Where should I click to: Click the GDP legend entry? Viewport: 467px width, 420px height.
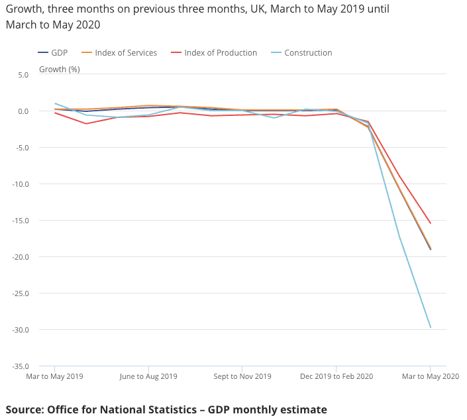pyautogui.click(x=60, y=53)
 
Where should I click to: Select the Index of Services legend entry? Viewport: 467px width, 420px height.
pyautogui.click(x=126, y=53)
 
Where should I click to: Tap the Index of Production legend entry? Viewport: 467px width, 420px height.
pyautogui.click(x=221, y=53)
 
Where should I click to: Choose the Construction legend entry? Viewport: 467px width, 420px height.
pyautogui.click(x=308, y=53)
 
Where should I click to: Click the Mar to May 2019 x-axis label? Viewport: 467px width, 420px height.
pyautogui.click(x=54, y=377)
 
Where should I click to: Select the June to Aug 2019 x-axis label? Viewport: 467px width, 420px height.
pyautogui.click(x=148, y=377)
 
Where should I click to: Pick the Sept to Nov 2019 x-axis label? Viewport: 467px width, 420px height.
pyautogui.click(x=242, y=377)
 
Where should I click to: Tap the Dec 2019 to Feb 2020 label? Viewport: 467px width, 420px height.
pyautogui.click(x=337, y=377)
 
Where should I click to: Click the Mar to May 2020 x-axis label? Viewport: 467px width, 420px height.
pyautogui.click(x=431, y=377)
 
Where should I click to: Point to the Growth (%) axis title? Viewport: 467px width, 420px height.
pyautogui.click(x=60, y=69)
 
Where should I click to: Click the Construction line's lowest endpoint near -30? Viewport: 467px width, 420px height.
pyautogui.click(x=431, y=327)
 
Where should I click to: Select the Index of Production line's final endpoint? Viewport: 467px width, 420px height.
pyautogui.click(x=431, y=223)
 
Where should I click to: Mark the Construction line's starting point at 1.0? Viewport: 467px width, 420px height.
pyautogui.click(x=54, y=103)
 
